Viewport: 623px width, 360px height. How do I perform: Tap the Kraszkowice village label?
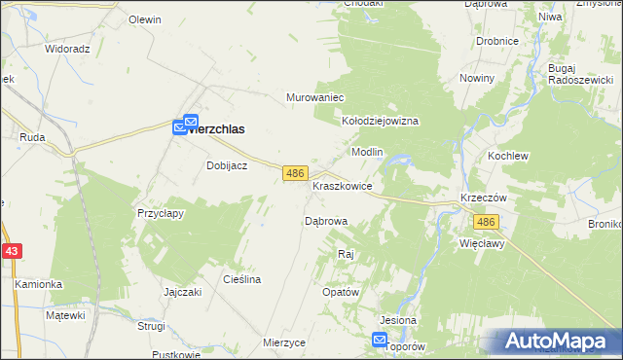tap(342, 185)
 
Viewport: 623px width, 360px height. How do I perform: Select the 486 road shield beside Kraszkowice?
tap(296, 172)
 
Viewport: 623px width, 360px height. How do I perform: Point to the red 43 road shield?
tap(11, 251)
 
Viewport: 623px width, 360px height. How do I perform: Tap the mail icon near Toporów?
tap(379, 340)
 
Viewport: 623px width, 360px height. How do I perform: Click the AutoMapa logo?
tap(558, 342)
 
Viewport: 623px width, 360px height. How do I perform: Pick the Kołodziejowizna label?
tap(380, 121)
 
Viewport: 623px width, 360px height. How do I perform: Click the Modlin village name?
tap(367, 153)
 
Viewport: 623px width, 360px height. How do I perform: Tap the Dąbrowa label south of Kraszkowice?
tap(326, 221)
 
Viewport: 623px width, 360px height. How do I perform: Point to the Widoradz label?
tap(67, 48)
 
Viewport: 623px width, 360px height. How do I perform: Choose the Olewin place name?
tap(145, 19)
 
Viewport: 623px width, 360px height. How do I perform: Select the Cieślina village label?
tap(242, 279)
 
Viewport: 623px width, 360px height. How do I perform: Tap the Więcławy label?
tap(482, 244)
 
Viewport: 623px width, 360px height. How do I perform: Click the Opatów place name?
tap(341, 292)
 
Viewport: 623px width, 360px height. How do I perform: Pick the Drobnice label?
tap(496, 42)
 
